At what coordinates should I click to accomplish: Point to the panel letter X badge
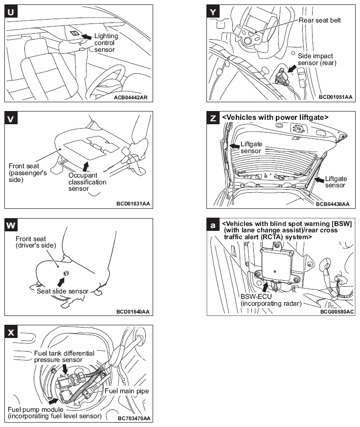click(x=11, y=332)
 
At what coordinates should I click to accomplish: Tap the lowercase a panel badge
click(x=213, y=225)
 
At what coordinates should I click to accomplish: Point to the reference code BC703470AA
click(x=134, y=418)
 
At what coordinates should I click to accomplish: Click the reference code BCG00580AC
click(x=337, y=311)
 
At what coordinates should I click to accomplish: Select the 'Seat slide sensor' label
click(x=63, y=291)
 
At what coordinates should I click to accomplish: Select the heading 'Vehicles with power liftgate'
click(x=275, y=117)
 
